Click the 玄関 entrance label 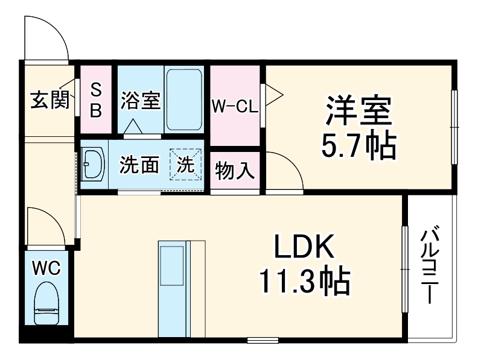[x=49, y=99]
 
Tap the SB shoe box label [x=96, y=99]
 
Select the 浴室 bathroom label [x=140, y=99]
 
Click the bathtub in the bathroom [x=185, y=99]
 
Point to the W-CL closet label [x=234, y=107]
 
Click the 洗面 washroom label [x=139, y=165]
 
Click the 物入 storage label [x=235, y=171]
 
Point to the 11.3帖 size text [x=304, y=280]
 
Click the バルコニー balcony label [x=430, y=265]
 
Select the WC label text [x=46, y=268]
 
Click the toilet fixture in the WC [x=46, y=305]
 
